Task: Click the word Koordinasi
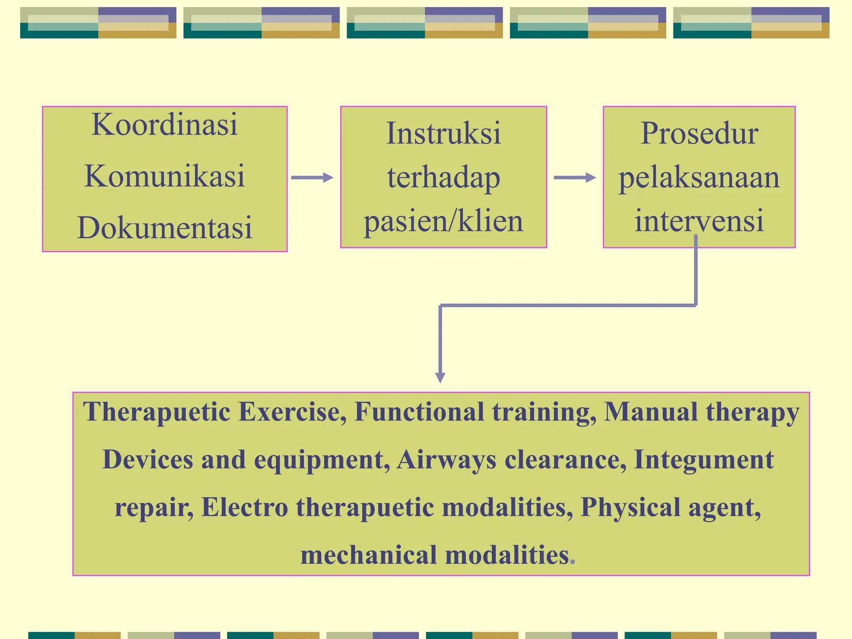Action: tap(164, 124)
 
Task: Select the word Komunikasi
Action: tap(164, 176)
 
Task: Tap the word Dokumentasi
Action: tap(164, 228)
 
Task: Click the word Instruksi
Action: tap(443, 134)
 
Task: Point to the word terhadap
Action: tap(443, 178)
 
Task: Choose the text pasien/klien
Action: tap(443, 221)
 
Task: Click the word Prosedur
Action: tap(699, 134)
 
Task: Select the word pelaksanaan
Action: tap(699, 178)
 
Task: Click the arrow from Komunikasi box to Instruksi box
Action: tap(312, 178)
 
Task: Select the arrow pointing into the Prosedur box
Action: tap(575, 178)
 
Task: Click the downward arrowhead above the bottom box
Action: tap(440, 377)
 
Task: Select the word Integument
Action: tap(703, 460)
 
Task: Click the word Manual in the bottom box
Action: tap(650, 412)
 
